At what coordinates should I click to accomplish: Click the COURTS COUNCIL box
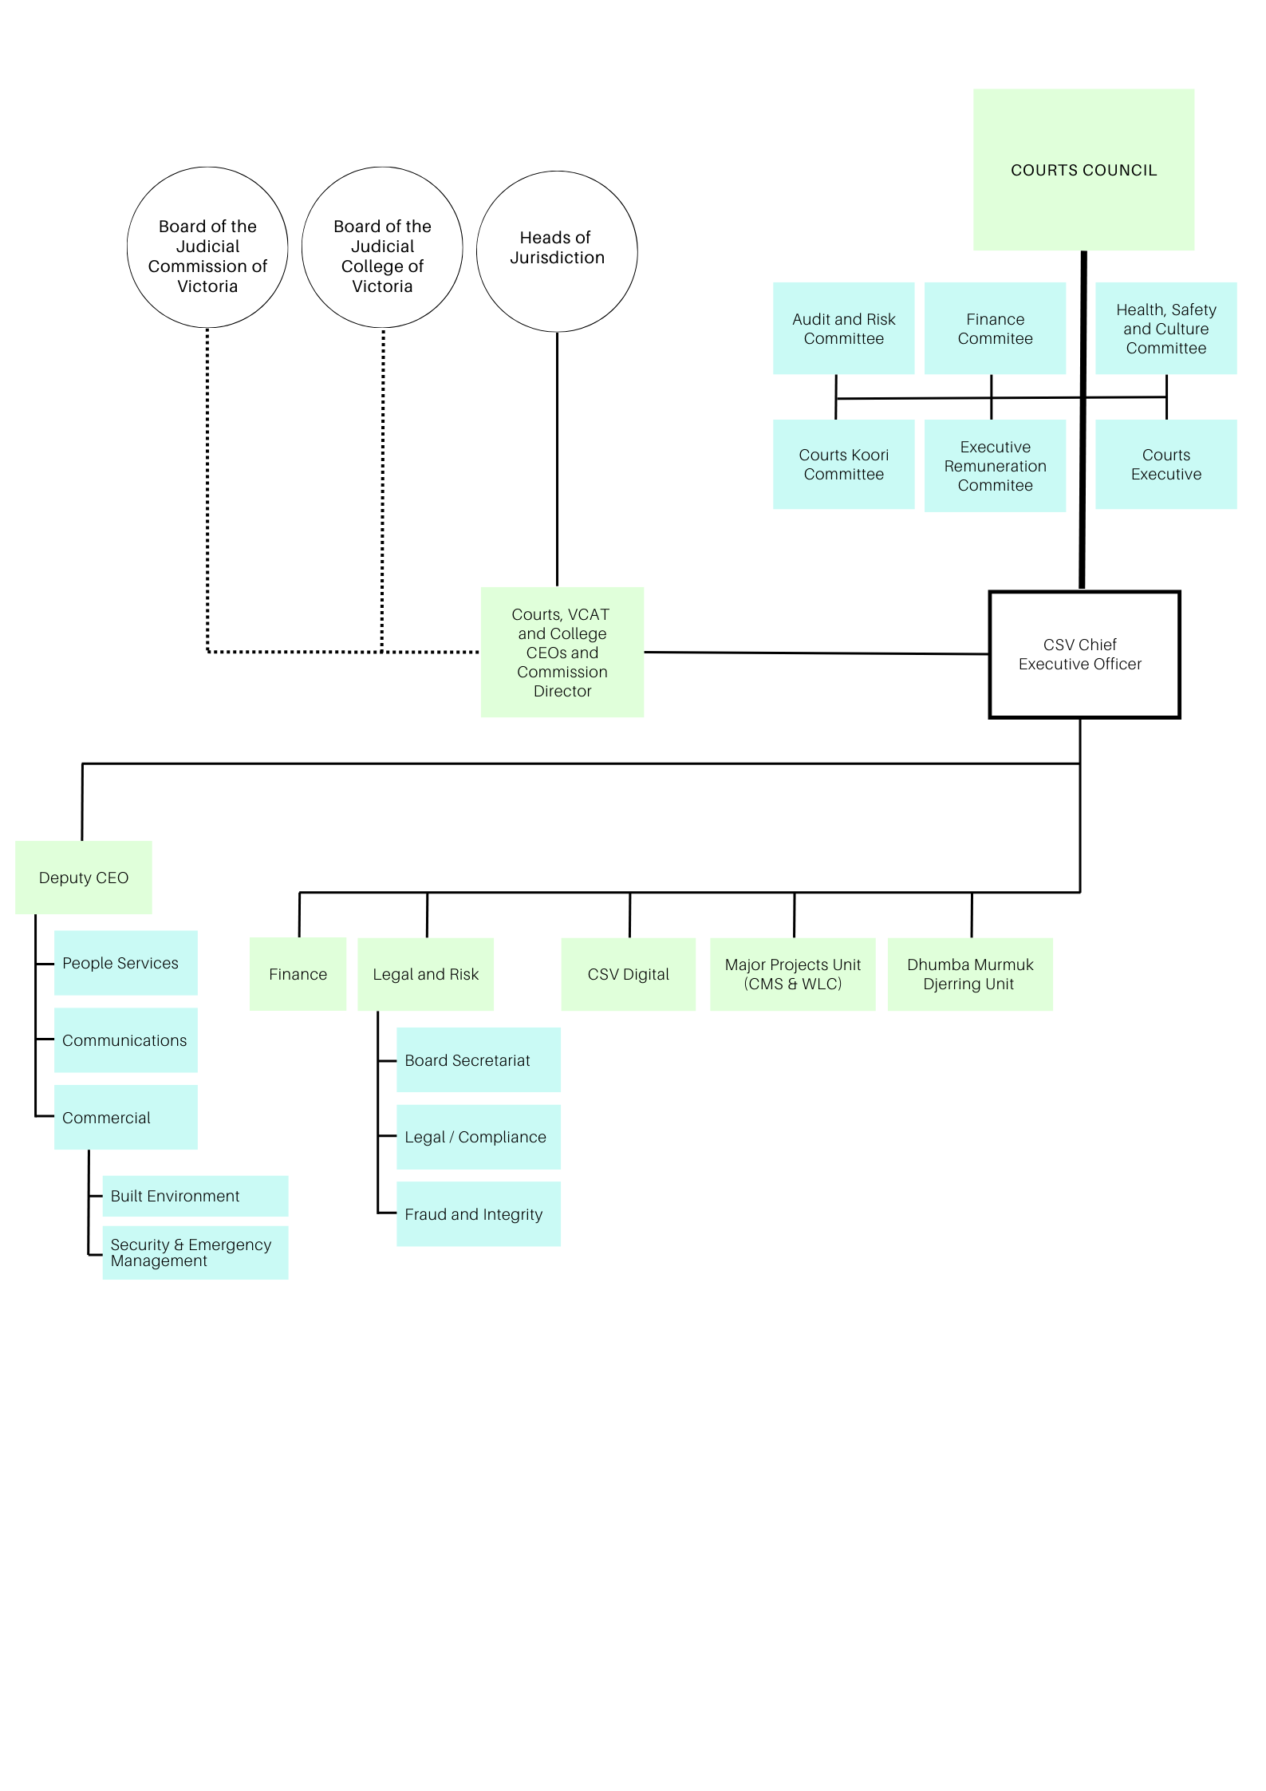click(x=1083, y=170)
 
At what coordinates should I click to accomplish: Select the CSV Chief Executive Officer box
click(x=1083, y=654)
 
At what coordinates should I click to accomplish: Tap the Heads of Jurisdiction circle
click(x=556, y=251)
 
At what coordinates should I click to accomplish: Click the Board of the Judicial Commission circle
click(x=207, y=247)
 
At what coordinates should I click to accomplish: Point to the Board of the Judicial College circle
click(x=382, y=247)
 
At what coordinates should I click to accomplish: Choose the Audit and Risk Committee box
click(x=843, y=328)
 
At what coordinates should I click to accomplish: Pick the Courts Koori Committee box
click(x=843, y=464)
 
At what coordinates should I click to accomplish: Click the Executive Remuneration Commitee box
click(x=994, y=466)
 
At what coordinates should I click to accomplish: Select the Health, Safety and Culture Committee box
click(x=1165, y=328)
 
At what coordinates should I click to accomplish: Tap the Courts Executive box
click(x=1165, y=464)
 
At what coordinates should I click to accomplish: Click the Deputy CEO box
click(x=84, y=877)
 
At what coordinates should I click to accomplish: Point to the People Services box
click(x=125, y=962)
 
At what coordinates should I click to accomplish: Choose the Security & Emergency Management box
click(x=195, y=1253)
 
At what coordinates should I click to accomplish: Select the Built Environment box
click(x=195, y=1195)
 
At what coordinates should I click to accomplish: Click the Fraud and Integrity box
click(x=478, y=1213)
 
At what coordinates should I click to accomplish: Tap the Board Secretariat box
click(x=478, y=1059)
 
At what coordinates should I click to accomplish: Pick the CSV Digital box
click(x=628, y=974)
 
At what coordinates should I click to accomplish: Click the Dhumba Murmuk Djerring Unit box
click(x=969, y=974)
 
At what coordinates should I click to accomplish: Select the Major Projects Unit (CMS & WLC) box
click(x=792, y=974)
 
